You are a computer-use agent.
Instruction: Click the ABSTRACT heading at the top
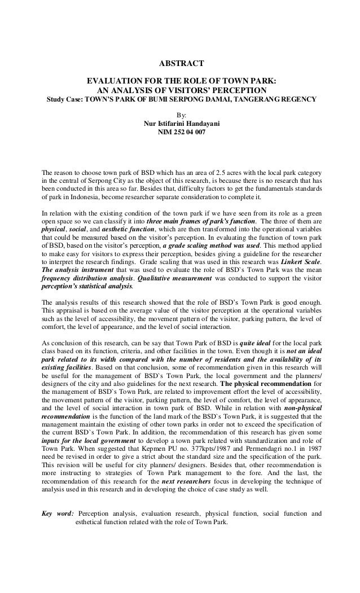click(180, 63)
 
